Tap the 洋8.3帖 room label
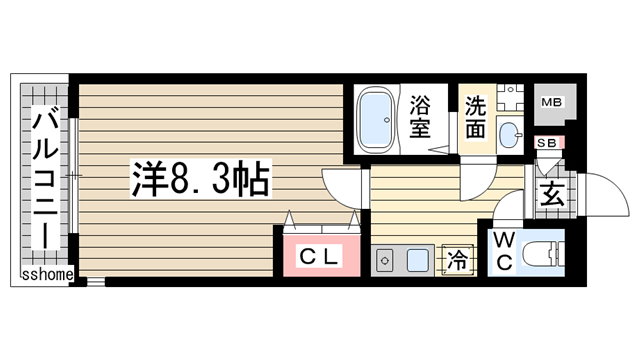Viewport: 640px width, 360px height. pos(198,181)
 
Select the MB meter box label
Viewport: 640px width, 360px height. pos(551,102)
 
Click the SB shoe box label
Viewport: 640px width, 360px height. pos(548,143)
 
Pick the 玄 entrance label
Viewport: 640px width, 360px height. pos(551,195)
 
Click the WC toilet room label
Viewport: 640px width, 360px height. pos(503,251)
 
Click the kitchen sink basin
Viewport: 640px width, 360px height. pos(417,261)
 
